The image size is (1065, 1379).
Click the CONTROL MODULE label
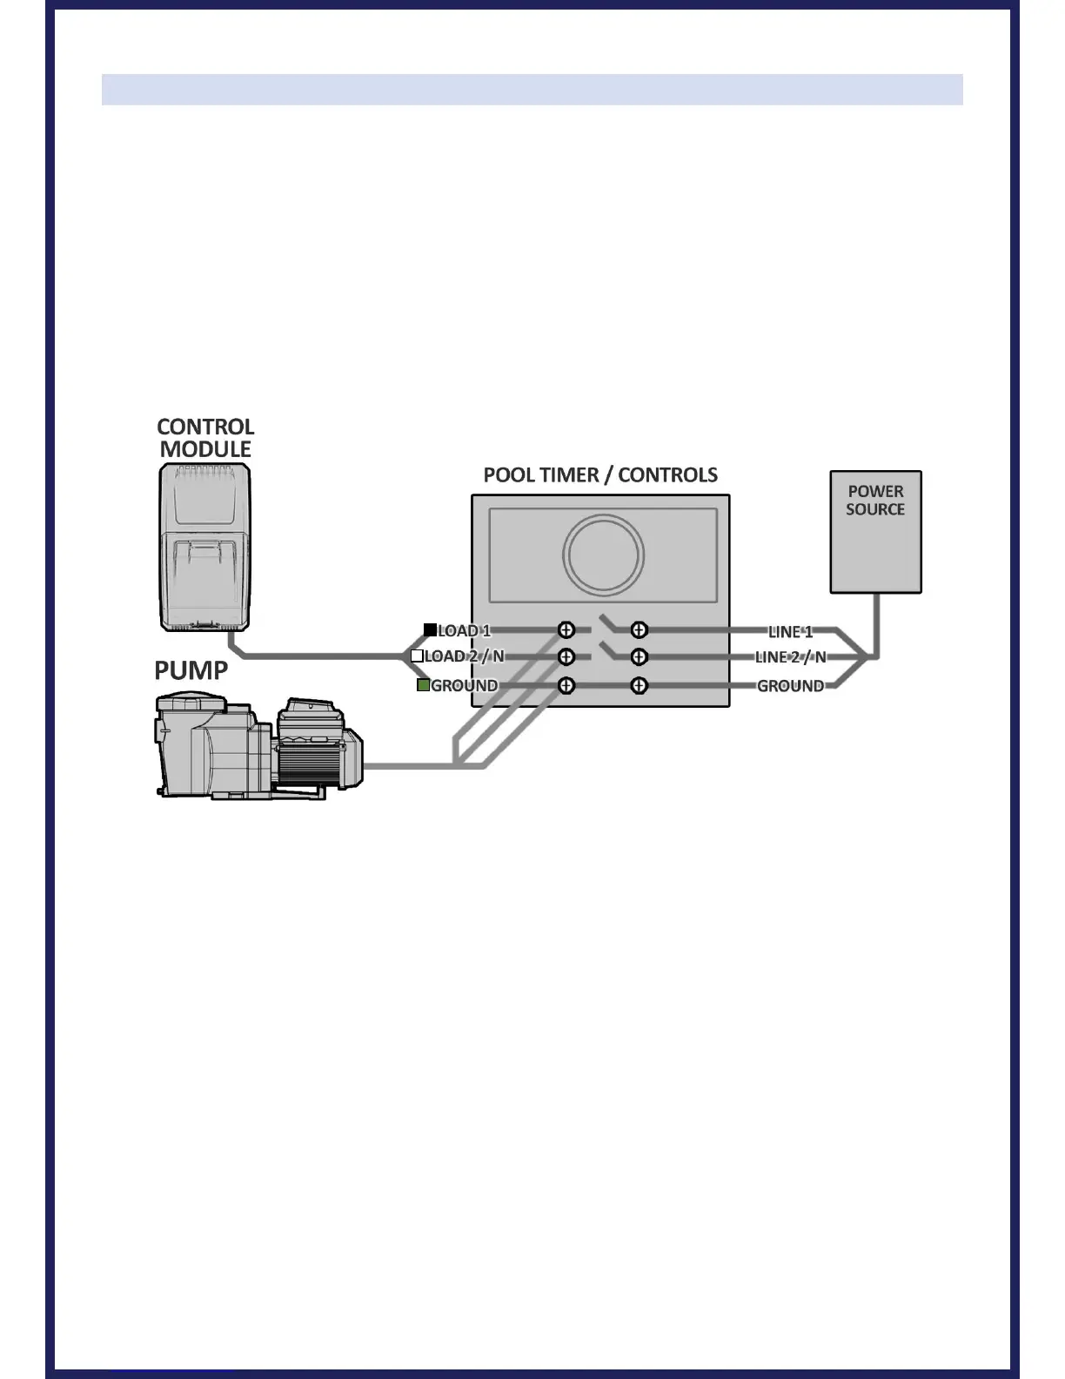pyautogui.click(x=205, y=438)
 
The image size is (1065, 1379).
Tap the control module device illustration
pyautogui.click(x=205, y=547)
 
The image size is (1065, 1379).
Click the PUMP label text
pyautogui.click(x=191, y=670)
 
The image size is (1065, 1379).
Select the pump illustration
pyautogui.click(x=258, y=746)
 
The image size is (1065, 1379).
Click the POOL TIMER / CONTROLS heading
pyautogui.click(x=600, y=475)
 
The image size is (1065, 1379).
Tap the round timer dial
pyautogui.click(x=603, y=555)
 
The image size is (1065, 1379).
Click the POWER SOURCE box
pyautogui.click(x=875, y=532)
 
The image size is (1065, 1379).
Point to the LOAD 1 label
pyautogui.click(x=464, y=630)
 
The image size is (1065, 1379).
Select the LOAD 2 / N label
pyautogui.click(x=464, y=656)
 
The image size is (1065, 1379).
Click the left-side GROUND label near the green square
pyautogui.click(x=465, y=685)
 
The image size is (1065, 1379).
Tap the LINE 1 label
pyautogui.click(x=790, y=631)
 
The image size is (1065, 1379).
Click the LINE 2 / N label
pyautogui.click(x=790, y=657)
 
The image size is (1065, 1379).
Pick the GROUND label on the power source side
pyautogui.click(x=790, y=686)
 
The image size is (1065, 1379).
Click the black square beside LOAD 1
pyautogui.click(x=430, y=630)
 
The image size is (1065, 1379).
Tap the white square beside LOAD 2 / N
pyautogui.click(x=417, y=656)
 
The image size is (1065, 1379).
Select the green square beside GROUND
pyautogui.click(x=424, y=685)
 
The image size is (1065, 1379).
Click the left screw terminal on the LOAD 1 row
pyautogui.click(x=566, y=629)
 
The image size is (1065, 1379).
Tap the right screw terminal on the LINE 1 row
pyautogui.click(x=639, y=629)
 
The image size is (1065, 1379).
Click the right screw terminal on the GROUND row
pyautogui.click(x=639, y=686)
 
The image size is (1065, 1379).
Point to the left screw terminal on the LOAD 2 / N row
pyautogui.click(x=566, y=656)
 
